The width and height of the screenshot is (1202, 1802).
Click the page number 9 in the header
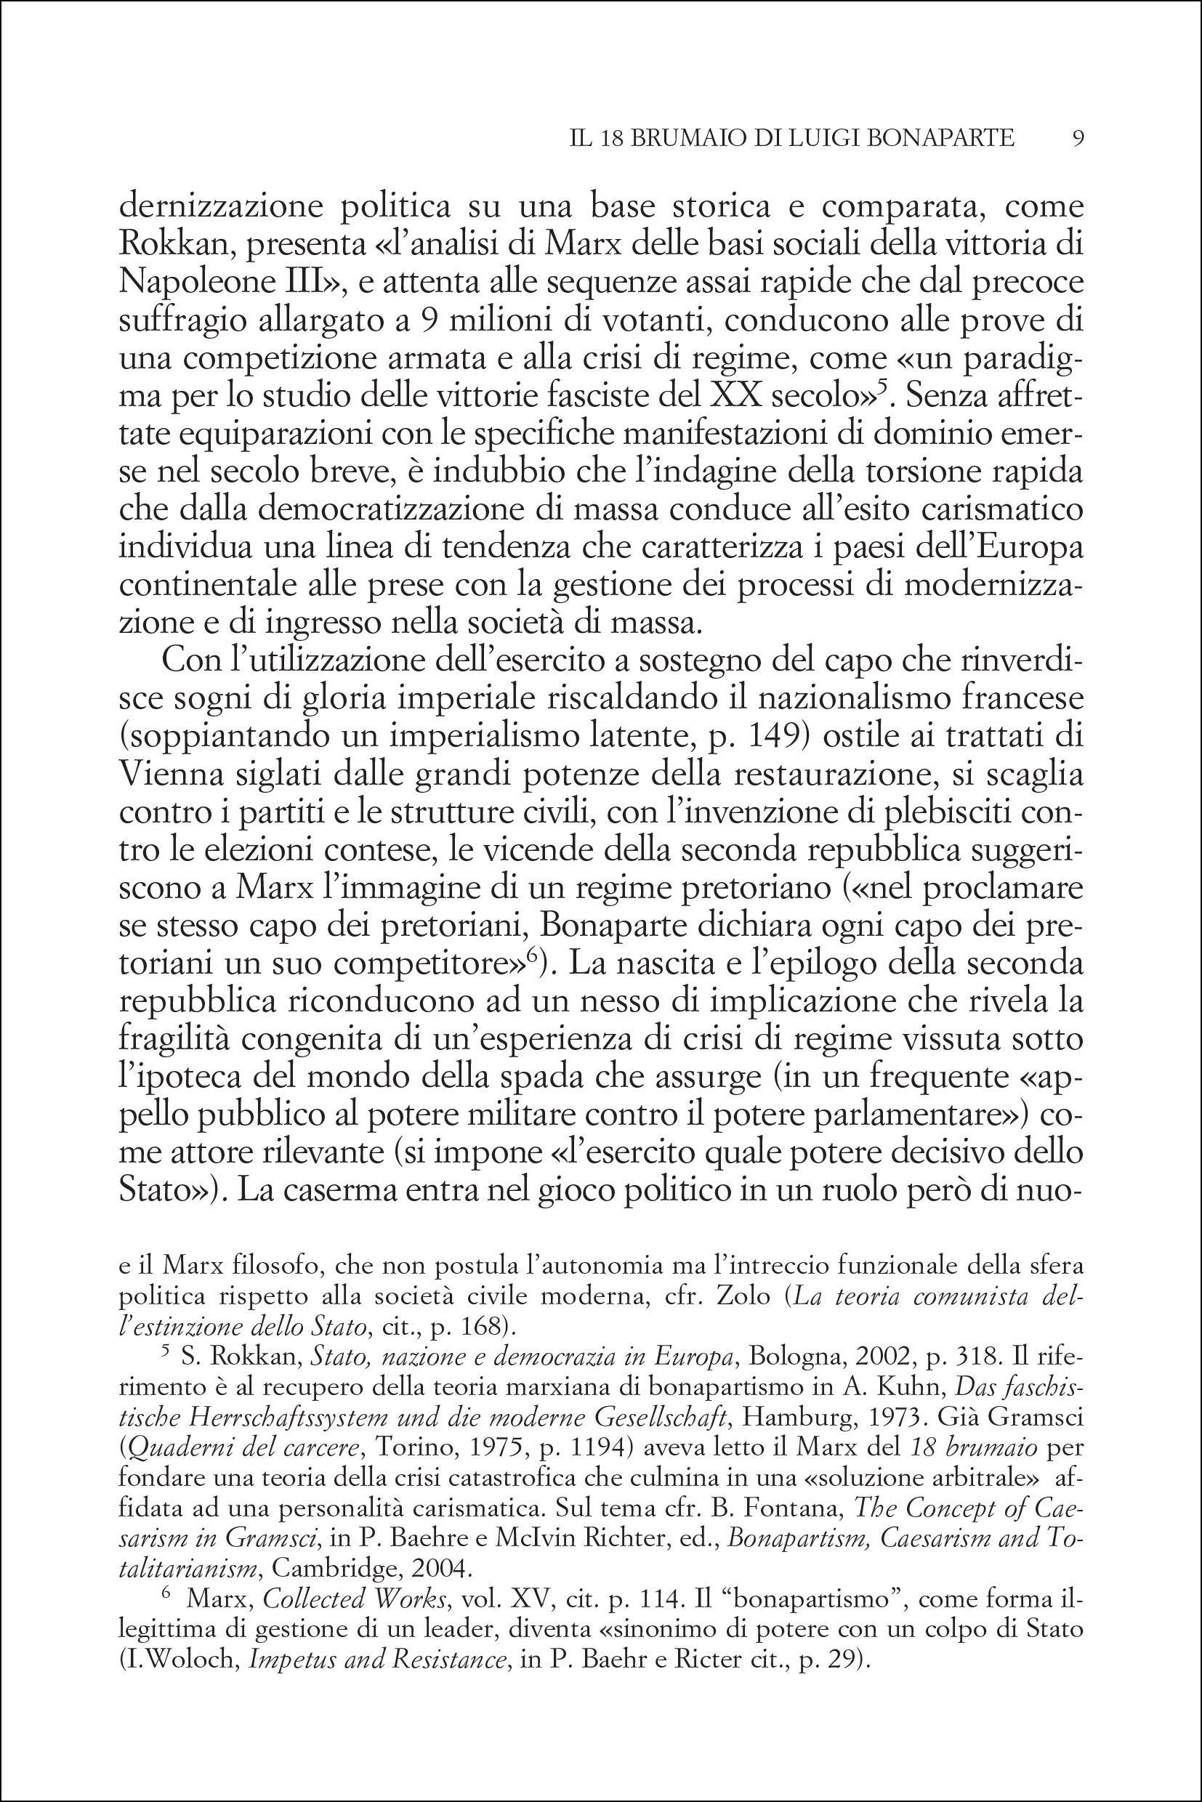point(1077,137)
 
